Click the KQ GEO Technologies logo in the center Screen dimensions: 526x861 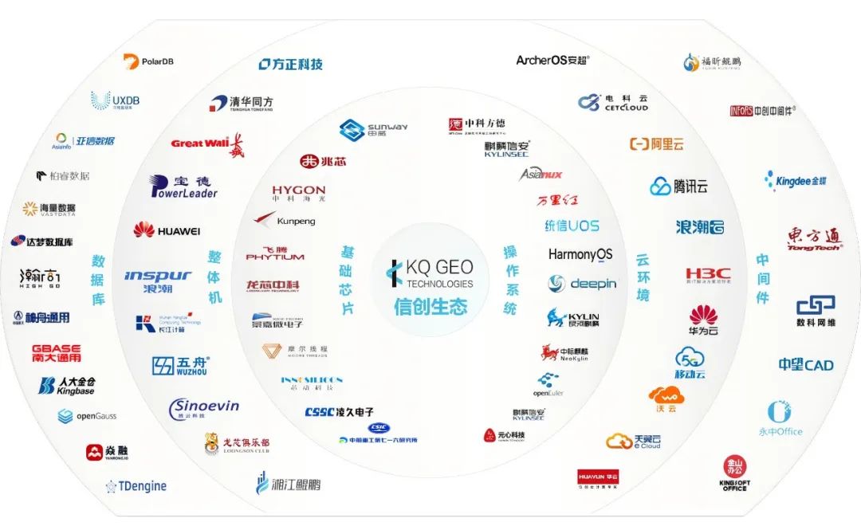(430, 272)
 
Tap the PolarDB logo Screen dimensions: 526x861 (149, 61)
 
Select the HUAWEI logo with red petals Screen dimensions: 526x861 (167, 230)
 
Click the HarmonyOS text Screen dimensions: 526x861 (580, 255)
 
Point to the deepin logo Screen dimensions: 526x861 (582, 284)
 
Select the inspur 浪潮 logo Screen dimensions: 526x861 (158, 280)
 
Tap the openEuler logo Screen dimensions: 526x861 (548, 385)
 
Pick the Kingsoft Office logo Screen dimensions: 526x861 (734, 473)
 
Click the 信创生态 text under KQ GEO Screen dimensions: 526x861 (430, 307)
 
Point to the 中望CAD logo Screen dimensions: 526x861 (806, 365)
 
